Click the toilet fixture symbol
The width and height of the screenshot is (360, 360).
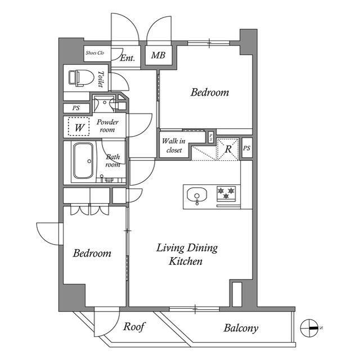pos(81,78)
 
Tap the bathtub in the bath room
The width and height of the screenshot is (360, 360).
pos(84,161)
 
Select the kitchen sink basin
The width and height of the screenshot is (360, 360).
pos(197,195)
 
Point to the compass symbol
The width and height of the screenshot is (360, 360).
pos(309,328)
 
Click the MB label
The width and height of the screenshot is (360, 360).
pos(158,55)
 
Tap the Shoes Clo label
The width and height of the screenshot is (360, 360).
pos(95,53)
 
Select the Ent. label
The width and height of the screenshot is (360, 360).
pos(128,58)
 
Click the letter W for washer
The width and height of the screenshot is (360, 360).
pos(79,128)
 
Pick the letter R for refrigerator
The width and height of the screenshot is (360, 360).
pos(228,149)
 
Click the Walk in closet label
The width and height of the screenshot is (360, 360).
pos(174,145)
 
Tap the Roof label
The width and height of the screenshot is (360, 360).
pos(134,326)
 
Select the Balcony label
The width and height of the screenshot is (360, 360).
pos(241,328)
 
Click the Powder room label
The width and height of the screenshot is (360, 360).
pos(107,125)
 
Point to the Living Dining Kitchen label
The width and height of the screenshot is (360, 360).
pos(187,254)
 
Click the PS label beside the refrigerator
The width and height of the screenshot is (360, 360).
pos(246,148)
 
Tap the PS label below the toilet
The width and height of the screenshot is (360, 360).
pos(76,108)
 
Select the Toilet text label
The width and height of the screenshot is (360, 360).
pos(101,79)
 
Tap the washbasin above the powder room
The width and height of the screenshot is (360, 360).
pos(104,103)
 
